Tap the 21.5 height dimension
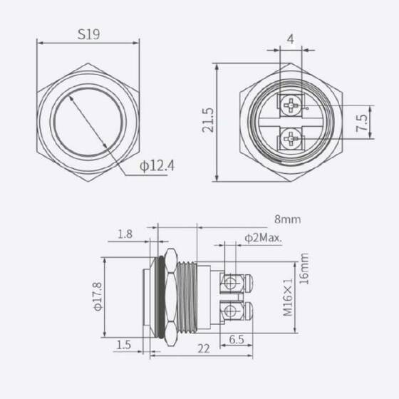[207, 122]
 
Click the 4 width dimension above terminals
[292, 40]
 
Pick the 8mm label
[288, 219]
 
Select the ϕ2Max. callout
[264, 237]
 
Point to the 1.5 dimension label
[125, 344]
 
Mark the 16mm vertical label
[304, 268]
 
